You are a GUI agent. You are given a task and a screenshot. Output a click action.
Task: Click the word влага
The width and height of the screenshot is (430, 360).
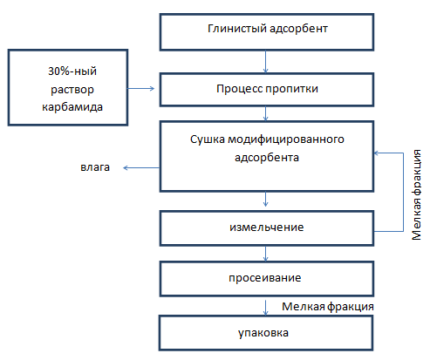tap(95, 167)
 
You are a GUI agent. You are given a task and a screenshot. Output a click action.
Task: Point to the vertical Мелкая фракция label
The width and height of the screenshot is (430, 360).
tap(417, 194)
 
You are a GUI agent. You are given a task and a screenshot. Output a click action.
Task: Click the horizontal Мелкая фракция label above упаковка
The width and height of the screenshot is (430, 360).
tap(328, 307)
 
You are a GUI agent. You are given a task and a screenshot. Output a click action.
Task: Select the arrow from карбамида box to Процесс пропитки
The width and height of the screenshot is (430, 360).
tap(141, 88)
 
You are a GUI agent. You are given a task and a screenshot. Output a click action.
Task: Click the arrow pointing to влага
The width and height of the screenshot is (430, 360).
tap(141, 167)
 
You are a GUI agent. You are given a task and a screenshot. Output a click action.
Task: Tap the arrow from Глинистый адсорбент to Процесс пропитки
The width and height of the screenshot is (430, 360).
tap(265, 62)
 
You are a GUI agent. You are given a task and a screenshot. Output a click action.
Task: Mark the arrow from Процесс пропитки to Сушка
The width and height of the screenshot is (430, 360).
tap(265, 113)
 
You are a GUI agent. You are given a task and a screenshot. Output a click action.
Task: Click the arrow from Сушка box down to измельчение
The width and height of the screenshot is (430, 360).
tap(265, 199)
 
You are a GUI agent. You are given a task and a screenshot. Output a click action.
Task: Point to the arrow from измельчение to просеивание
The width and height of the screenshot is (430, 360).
tap(265, 254)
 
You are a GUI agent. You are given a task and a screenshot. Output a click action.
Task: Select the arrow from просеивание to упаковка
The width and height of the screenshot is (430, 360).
tap(265, 308)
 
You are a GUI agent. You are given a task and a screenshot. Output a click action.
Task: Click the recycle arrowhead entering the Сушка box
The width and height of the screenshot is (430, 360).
tap(376, 153)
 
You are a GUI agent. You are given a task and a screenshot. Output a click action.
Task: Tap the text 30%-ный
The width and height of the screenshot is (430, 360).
tap(72, 71)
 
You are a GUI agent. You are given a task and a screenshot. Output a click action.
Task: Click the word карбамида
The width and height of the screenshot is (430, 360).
tap(72, 107)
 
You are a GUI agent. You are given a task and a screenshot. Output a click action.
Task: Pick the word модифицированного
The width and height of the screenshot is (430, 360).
tap(286, 139)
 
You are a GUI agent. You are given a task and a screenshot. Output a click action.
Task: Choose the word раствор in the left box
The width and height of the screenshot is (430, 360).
tap(72, 90)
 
